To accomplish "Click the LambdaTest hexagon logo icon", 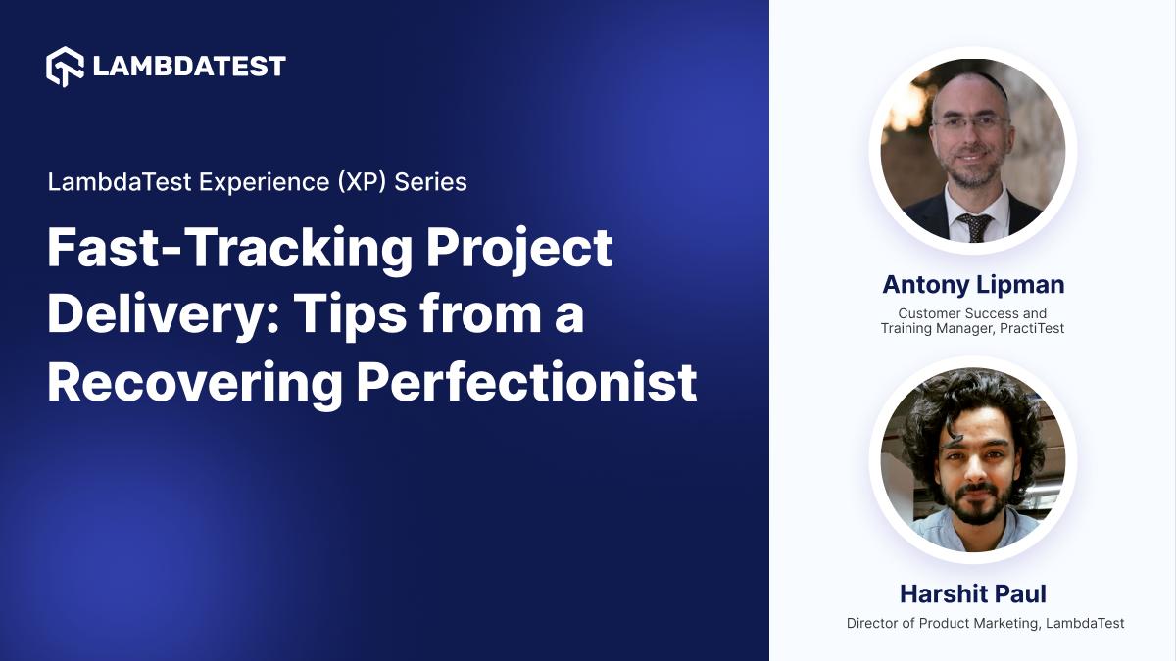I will [x=66, y=66].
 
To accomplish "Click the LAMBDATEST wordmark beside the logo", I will [x=189, y=66].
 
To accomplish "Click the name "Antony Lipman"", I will [x=972, y=285].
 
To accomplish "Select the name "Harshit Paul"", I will [x=972, y=594].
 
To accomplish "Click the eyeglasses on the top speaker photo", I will [x=969, y=123].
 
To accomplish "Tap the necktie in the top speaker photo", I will [x=974, y=226].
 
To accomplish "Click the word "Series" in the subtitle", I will [x=431, y=182].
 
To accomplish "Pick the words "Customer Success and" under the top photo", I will [x=972, y=313].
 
